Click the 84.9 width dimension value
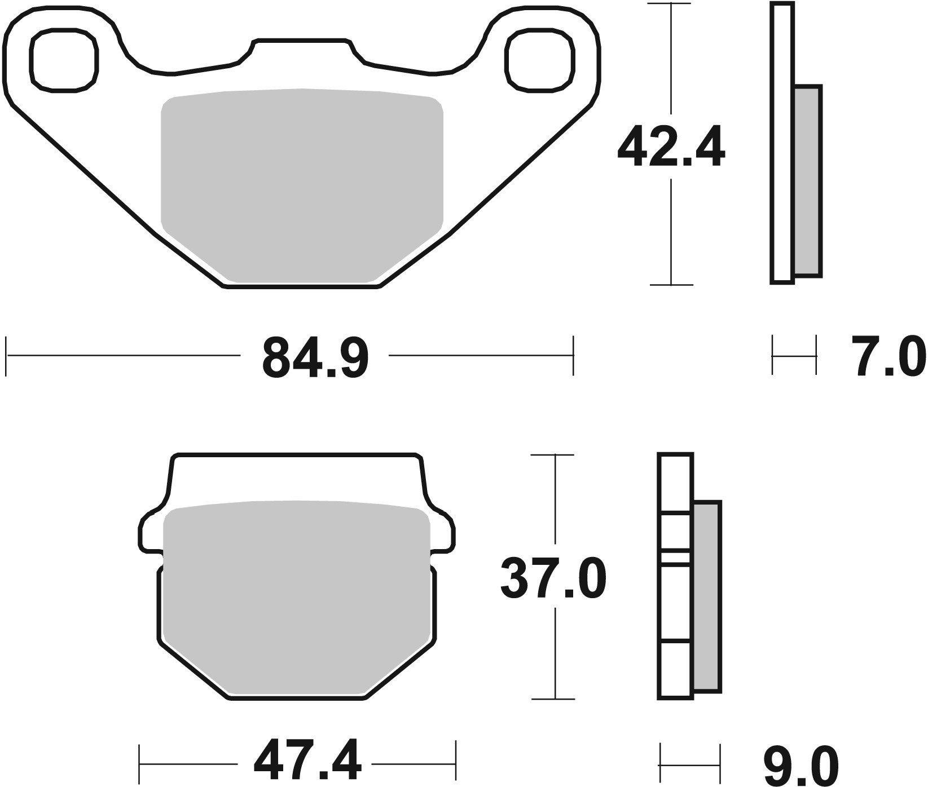[x=315, y=357]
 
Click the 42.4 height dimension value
[x=670, y=148]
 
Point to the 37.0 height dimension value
[x=553, y=578]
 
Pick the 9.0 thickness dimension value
[x=801, y=764]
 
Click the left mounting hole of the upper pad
[x=63, y=60]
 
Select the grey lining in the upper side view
[x=807, y=180]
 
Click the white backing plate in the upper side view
[x=782, y=141]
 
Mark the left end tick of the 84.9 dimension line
[x=6, y=356]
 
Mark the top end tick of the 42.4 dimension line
[x=670, y=3]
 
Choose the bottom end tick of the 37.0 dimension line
[x=555, y=699]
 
